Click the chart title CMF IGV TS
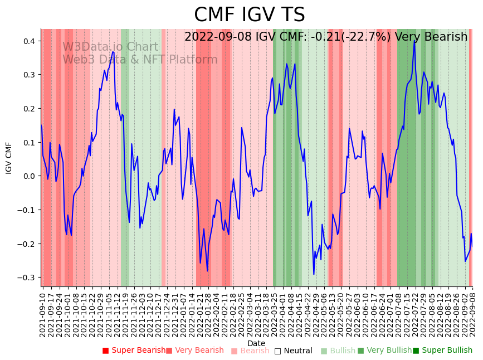tap(249, 15)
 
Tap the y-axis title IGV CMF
tap(9, 158)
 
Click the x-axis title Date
tap(256, 343)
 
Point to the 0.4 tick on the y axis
tap(28, 41)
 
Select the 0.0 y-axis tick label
tap(28, 176)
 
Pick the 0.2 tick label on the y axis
tap(28, 109)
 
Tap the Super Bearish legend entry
tap(134, 351)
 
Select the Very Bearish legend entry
tap(194, 351)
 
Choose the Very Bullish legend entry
tap(384, 351)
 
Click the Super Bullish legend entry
tap(442, 351)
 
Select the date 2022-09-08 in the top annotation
tap(218, 37)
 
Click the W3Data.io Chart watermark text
tap(110, 47)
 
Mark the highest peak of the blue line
tap(414, 41)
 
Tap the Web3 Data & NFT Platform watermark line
tap(140, 60)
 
